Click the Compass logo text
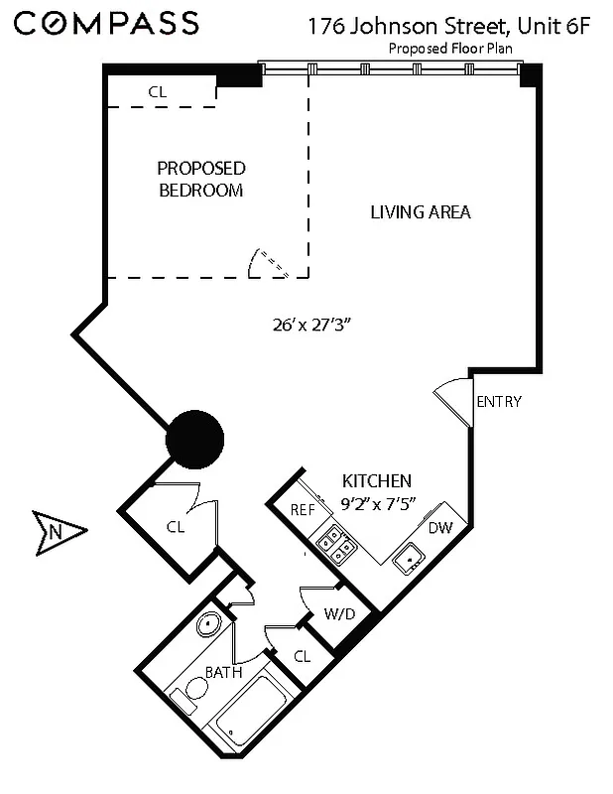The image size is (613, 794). coord(107,23)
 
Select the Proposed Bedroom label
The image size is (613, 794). coord(201,179)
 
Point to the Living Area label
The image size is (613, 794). coord(420,211)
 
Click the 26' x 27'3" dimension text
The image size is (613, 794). coord(313,324)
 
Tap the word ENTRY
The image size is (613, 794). coord(499,402)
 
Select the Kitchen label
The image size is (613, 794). coord(377,479)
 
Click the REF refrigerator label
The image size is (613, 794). coord(303,510)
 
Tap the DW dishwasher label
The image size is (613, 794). coord(440,527)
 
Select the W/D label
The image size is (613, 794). coord(339,614)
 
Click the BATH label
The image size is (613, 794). coord(222,673)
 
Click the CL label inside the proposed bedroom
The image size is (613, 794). coord(158,91)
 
